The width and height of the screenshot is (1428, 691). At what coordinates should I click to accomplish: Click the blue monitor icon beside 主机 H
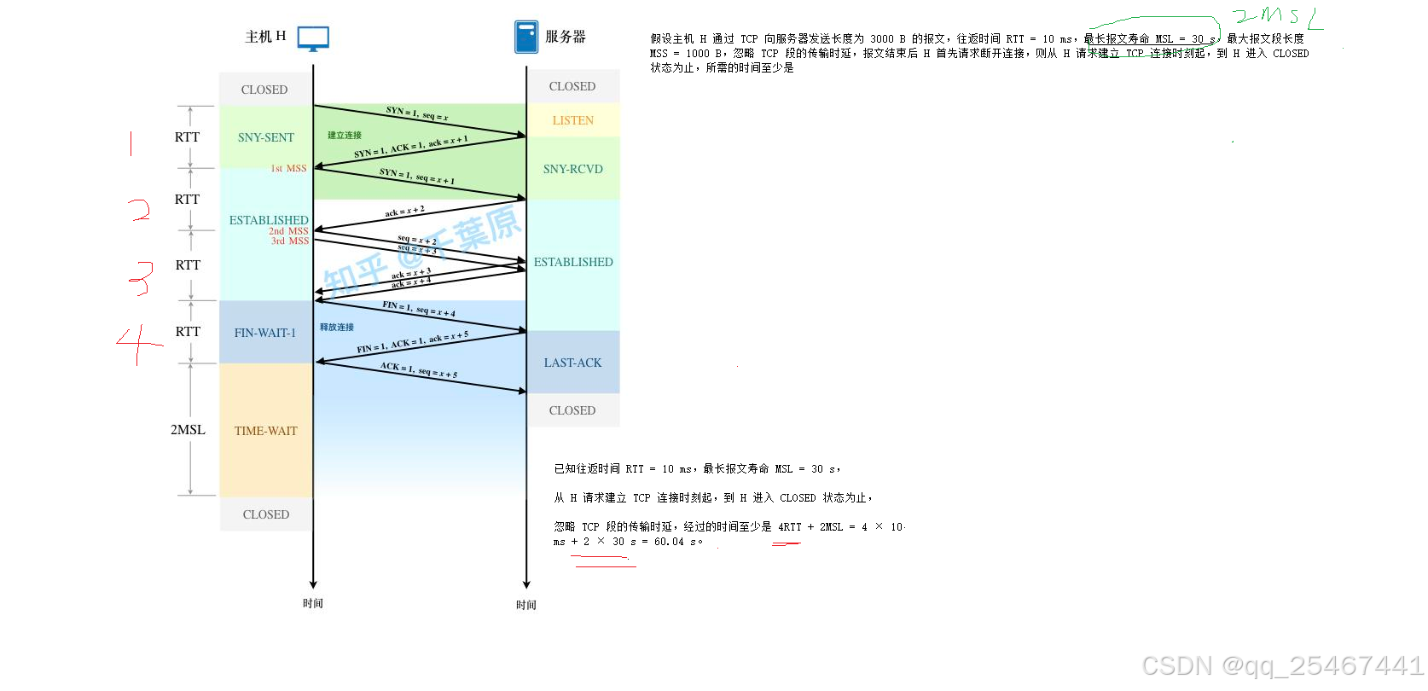pyautogui.click(x=313, y=38)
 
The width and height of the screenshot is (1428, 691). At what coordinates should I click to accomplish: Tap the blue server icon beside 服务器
pyautogui.click(x=526, y=37)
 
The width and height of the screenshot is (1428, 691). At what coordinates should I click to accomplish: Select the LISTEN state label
pyautogui.click(x=572, y=120)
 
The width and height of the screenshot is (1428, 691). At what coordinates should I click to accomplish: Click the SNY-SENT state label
pyautogui.click(x=265, y=137)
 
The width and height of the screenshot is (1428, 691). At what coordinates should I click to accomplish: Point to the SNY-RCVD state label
pyautogui.click(x=572, y=169)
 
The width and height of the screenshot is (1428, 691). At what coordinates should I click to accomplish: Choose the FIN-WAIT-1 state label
pyautogui.click(x=264, y=333)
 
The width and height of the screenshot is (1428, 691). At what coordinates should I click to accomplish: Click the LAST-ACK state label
pyautogui.click(x=572, y=363)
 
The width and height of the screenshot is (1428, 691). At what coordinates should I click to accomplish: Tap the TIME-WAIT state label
pyautogui.click(x=265, y=431)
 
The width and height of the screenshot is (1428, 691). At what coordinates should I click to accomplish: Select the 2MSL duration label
pyautogui.click(x=188, y=430)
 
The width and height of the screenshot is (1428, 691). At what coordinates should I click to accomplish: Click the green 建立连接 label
pyautogui.click(x=345, y=135)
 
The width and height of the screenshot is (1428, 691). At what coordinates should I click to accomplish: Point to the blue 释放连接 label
pyautogui.click(x=337, y=327)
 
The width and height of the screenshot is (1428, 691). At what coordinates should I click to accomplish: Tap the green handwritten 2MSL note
pyautogui.click(x=1277, y=16)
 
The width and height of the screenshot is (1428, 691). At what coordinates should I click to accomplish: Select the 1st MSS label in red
pyautogui.click(x=288, y=168)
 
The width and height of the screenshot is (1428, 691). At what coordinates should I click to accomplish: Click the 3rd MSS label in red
pyautogui.click(x=290, y=241)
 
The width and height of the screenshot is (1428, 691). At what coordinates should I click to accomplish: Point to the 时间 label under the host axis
pyautogui.click(x=313, y=603)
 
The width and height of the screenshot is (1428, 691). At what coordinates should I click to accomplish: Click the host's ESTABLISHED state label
pyautogui.click(x=268, y=220)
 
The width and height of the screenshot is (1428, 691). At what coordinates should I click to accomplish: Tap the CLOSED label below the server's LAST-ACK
pyautogui.click(x=572, y=410)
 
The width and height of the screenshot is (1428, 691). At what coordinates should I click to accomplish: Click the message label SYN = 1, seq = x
pyautogui.click(x=416, y=113)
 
